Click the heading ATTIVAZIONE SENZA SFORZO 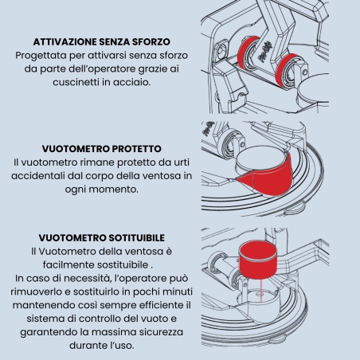pos(102,41)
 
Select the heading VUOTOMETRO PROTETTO pos(102,149)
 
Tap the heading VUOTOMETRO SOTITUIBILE pos(102,237)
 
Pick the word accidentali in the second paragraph pos(38,176)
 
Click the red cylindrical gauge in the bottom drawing pos(258,260)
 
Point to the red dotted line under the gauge pos(261,290)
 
